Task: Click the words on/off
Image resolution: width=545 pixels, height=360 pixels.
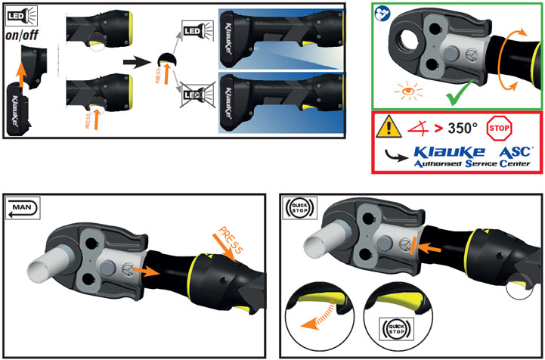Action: [x=23, y=35]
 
